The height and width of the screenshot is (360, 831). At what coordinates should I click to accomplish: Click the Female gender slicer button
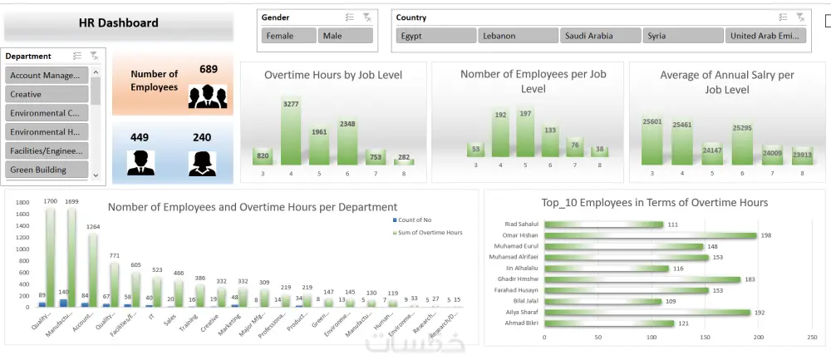pyautogui.click(x=288, y=36)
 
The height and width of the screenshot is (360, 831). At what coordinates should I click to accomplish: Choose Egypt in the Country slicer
pyautogui.click(x=435, y=36)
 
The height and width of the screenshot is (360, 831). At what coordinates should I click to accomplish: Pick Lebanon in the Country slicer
pyautogui.click(x=517, y=36)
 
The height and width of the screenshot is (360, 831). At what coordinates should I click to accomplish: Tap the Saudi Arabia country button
pyautogui.click(x=599, y=36)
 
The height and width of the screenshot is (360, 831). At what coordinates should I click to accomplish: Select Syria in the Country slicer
pyautogui.click(x=681, y=36)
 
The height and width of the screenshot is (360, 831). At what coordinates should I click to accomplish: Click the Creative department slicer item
pyautogui.click(x=47, y=95)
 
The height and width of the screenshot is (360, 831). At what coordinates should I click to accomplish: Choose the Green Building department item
pyautogui.click(x=47, y=170)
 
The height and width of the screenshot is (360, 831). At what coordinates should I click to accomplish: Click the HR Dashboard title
pyautogui.click(x=118, y=23)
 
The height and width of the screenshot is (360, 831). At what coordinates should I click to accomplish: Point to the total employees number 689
pyautogui.click(x=209, y=69)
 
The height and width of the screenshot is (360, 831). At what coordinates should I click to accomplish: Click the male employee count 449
pyautogui.click(x=140, y=137)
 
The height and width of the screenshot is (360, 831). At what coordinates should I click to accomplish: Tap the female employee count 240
pyautogui.click(x=202, y=137)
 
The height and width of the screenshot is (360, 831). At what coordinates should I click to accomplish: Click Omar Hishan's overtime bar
pyautogui.click(x=650, y=235)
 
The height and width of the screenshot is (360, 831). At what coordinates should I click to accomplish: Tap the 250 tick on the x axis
pyautogui.click(x=812, y=338)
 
